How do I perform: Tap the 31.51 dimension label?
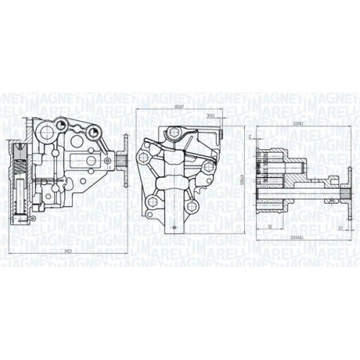coord(210,115)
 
